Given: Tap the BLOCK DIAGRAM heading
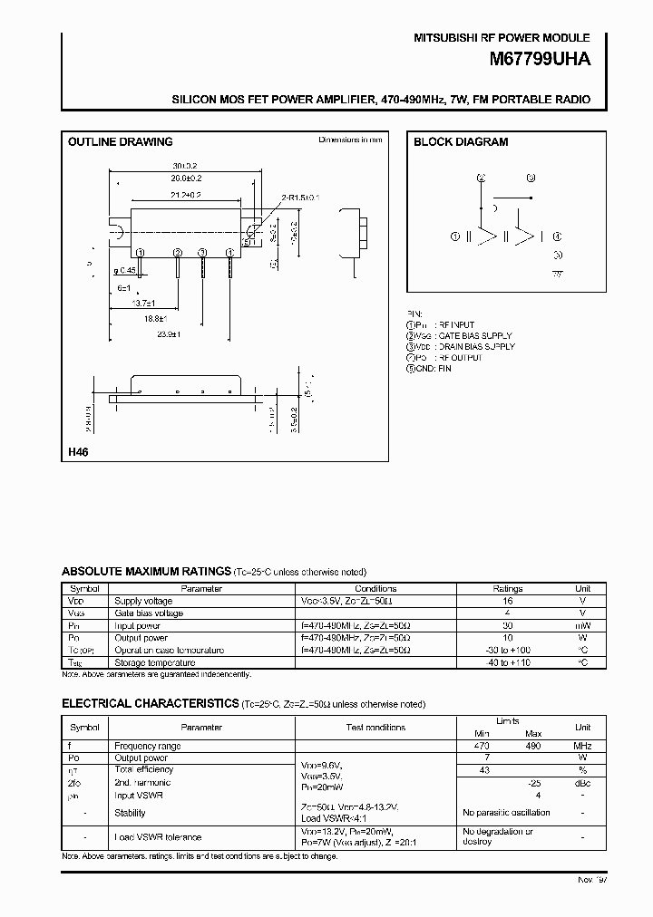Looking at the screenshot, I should [461, 141].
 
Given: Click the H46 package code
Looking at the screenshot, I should [78, 451].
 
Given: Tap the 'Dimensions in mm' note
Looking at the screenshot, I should [350, 140].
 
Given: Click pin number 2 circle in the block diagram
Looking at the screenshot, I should [482, 179].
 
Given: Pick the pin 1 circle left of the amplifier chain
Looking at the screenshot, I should [455, 236].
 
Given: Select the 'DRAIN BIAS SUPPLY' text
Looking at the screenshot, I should [476, 347].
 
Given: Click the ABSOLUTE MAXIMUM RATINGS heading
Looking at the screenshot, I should [145, 572].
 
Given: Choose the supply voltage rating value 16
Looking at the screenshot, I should [508, 601].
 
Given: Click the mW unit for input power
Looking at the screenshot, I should [583, 625].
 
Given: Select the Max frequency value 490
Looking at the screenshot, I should [533, 746].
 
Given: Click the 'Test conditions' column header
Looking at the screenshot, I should [375, 727].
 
